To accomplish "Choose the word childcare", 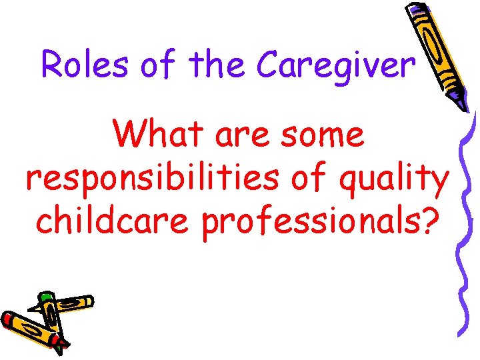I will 110,223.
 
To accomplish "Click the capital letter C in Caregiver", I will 270,64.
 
